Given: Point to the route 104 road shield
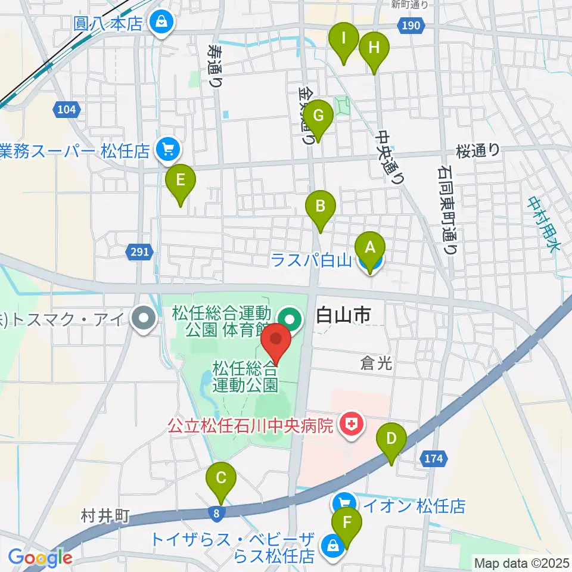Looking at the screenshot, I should click(x=67, y=109).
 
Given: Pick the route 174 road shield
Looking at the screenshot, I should click(x=434, y=458).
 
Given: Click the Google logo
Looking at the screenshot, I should click(x=41, y=558).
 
